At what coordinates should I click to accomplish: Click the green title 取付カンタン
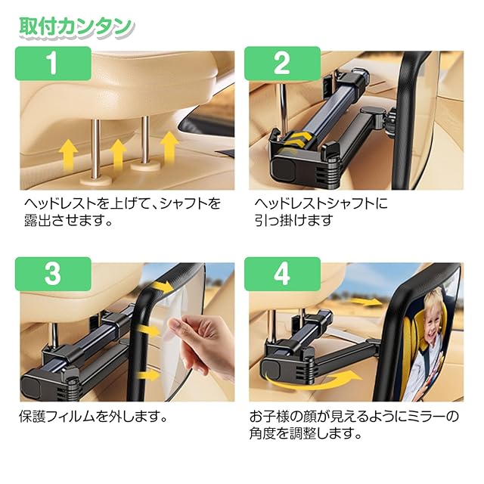point(76,27)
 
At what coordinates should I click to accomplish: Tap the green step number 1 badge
point(53,64)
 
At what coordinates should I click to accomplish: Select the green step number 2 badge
point(282,64)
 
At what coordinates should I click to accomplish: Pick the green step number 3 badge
point(53,274)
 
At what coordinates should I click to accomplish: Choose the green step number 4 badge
point(282,274)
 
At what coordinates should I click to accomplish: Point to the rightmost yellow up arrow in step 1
point(169,147)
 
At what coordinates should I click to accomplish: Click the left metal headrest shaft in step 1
point(96,148)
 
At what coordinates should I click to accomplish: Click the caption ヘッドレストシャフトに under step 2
point(321,203)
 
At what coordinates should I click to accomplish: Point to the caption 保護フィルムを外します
point(93,417)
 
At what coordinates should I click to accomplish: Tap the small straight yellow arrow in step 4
point(366,302)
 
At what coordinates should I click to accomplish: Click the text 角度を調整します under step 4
point(306,434)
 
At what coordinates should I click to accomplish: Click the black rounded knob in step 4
point(271,371)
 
